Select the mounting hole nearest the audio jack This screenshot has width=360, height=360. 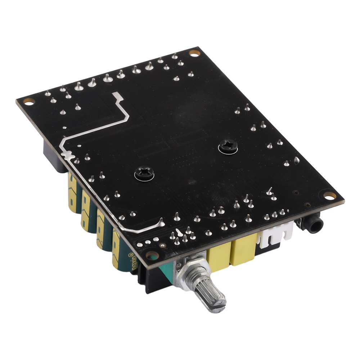[x=329, y=195]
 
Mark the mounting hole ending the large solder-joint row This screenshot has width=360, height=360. [x=194, y=53]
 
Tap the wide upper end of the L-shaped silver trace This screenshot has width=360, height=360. [x=117, y=96]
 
